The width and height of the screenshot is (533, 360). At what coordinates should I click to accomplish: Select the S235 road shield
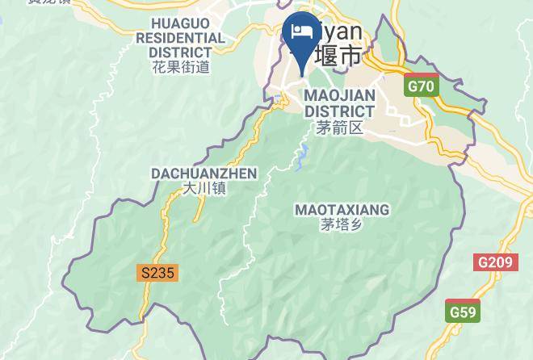(x=157, y=273)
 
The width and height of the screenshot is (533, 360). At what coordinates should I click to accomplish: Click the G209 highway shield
(x=495, y=263)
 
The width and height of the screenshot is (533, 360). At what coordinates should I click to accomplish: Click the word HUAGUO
(x=181, y=23)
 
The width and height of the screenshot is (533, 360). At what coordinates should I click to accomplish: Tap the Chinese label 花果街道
(x=181, y=67)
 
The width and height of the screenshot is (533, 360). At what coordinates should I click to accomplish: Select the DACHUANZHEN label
(x=204, y=174)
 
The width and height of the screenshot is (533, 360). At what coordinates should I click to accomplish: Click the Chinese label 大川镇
(x=204, y=189)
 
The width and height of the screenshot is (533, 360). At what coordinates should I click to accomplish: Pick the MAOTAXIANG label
(x=342, y=210)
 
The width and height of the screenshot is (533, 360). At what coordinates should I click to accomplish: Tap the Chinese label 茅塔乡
(x=342, y=225)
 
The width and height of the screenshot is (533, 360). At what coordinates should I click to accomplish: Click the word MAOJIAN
(x=339, y=96)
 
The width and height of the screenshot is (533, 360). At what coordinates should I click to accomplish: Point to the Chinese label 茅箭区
(x=339, y=128)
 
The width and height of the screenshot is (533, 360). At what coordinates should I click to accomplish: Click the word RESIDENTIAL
(x=181, y=38)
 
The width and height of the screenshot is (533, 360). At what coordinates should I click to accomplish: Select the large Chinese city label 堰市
(x=337, y=57)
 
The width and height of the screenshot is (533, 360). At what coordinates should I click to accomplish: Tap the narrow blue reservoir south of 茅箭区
(x=302, y=157)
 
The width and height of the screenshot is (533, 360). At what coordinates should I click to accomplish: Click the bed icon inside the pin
(x=302, y=31)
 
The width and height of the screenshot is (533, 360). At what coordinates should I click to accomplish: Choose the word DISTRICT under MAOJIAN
(x=339, y=111)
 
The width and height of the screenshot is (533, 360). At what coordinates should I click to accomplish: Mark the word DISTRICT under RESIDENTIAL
(x=181, y=52)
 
